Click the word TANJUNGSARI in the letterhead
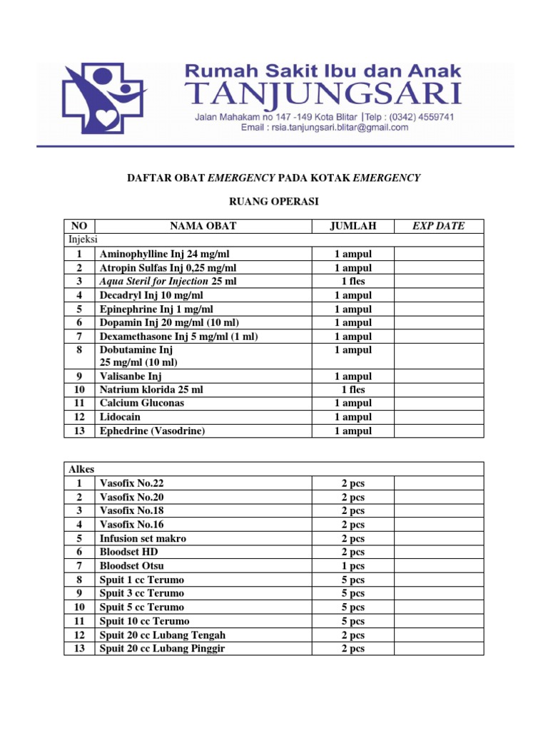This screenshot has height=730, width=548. click(x=323, y=94)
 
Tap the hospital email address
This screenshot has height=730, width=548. click(x=325, y=128)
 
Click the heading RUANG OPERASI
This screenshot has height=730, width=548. click(x=274, y=202)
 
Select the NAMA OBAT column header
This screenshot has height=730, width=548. click(x=203, y=226)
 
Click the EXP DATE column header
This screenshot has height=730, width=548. click(x=438, y=226)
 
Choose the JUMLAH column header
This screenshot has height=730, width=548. click(x=352, y=226)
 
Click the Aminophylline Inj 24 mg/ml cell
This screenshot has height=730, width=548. click(x=165, y=254)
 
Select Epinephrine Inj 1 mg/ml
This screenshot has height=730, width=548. click(x=156, y=309)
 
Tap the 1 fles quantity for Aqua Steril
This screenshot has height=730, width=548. click(x=352, y=282)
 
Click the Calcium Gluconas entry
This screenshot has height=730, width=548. click(x=142, y=403)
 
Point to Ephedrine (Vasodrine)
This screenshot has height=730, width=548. click(x=151, y=431)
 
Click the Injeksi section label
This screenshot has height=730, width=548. click(x=83, y=240)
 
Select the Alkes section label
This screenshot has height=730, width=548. click(x=81, y=469)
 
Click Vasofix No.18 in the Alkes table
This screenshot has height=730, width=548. click(x=132, y=510)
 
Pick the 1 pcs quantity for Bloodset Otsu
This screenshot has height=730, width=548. click(x=352, y=565)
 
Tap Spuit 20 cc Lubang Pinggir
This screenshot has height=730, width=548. click(x=162, y=648)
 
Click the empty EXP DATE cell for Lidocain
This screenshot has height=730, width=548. click(x=438, y=417)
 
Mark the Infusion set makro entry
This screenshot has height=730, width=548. click(x=143, y=538)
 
